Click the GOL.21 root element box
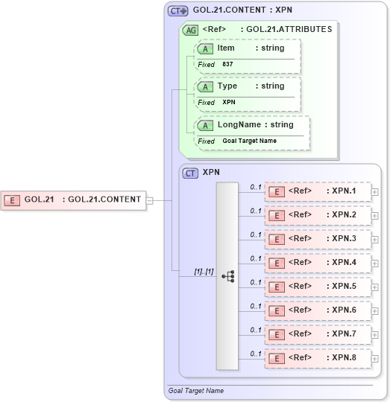click(74, 200)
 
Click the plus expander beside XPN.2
click(374, 216)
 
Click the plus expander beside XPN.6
click(374, 311)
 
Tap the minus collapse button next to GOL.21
click(150, 200)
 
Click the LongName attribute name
click(239, 125)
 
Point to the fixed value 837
click(227, 65)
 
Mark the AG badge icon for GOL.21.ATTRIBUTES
click(191, 31)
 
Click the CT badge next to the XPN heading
click(191, 173)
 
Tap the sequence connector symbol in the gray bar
click(228, 276)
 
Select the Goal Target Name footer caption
click(195, 390)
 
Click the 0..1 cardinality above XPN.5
click(255, 282)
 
